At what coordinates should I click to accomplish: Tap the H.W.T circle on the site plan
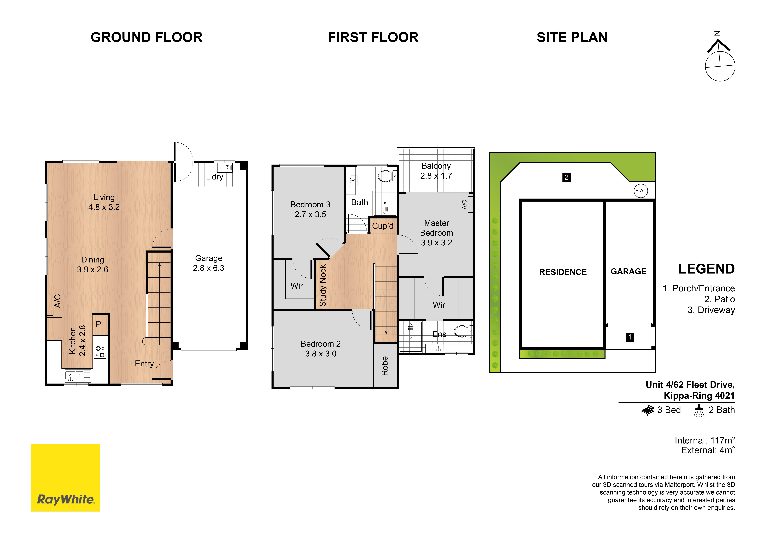[641, 191]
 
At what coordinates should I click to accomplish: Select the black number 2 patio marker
[567, 177]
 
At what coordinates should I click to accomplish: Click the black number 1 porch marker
[630, 337]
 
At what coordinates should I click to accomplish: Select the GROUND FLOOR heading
[146, 37]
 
